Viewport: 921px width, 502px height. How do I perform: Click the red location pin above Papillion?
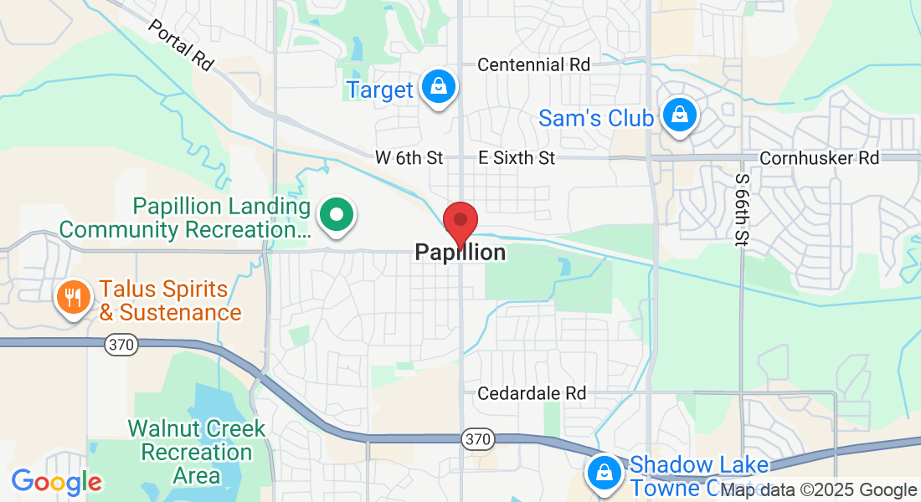coord(460,222)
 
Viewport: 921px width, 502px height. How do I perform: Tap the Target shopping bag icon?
coord(438,87)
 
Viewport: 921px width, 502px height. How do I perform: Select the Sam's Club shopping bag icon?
coord(680,115)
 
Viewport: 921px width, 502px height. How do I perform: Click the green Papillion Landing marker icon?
coord(337,214)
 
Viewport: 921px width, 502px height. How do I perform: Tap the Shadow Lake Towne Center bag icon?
coord(603,472)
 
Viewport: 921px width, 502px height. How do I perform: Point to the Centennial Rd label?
coord(533,64)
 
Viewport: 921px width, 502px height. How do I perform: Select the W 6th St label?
coord(409,157)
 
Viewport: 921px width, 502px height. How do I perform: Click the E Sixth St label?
coord(517,157)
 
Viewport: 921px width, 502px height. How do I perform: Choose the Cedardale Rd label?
coord(533,392)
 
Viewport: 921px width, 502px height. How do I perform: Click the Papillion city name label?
coord(460,253)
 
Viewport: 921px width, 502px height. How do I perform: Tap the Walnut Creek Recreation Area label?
coord(197,452)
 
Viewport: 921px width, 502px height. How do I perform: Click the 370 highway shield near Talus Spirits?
coord(121,345)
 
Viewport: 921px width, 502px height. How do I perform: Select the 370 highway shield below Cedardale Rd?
coord(477,438)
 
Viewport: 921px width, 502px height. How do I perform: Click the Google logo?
coord(56,481)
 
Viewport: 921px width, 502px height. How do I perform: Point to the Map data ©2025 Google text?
coord(819,490)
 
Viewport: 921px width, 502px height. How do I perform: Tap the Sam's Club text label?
coord(596,118)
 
